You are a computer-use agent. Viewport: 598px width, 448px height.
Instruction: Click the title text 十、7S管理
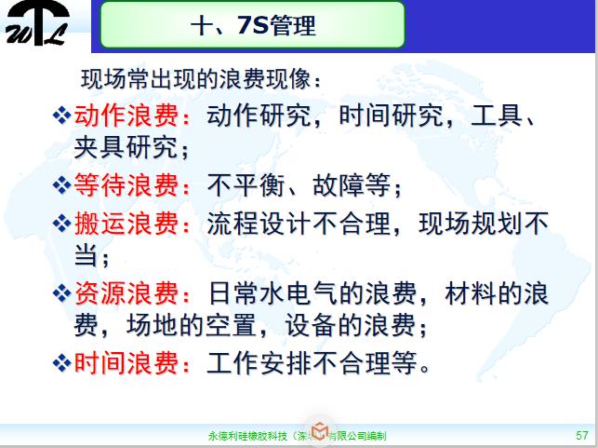(252, 25)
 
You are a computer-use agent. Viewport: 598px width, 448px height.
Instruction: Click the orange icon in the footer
(319, 432)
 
